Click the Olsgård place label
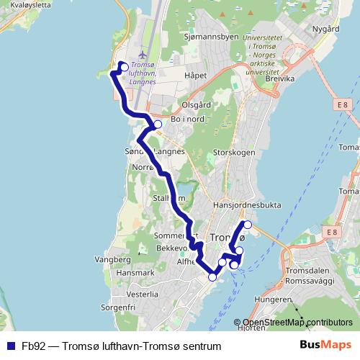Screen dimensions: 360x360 point(196,105)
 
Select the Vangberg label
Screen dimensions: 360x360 point(111,258)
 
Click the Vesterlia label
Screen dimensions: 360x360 point(142,294)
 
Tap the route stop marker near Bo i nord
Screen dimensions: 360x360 point(158,125)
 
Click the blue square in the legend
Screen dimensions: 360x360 point(9,346)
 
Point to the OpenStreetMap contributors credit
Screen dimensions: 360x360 point(297,323)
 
